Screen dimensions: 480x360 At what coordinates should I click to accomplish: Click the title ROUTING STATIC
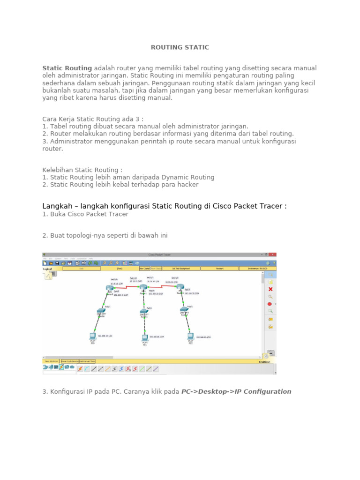point(180,47)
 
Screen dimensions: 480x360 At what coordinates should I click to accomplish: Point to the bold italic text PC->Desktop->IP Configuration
point(236,391)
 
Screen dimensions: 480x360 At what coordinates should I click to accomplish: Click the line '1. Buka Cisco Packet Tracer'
point(85,214)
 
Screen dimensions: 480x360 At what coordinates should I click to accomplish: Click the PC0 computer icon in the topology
point(93,336)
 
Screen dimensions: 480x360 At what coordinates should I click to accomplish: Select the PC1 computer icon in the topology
point(145,337)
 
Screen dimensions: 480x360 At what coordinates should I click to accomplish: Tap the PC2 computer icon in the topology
point(190,336)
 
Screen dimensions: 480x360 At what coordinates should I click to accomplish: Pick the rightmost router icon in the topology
point(180,287)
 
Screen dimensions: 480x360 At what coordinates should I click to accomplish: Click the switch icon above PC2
point(184,310)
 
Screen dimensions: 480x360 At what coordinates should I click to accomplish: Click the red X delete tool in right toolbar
point(270,289)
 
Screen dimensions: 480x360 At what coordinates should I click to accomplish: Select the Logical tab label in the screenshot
point(47,269)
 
